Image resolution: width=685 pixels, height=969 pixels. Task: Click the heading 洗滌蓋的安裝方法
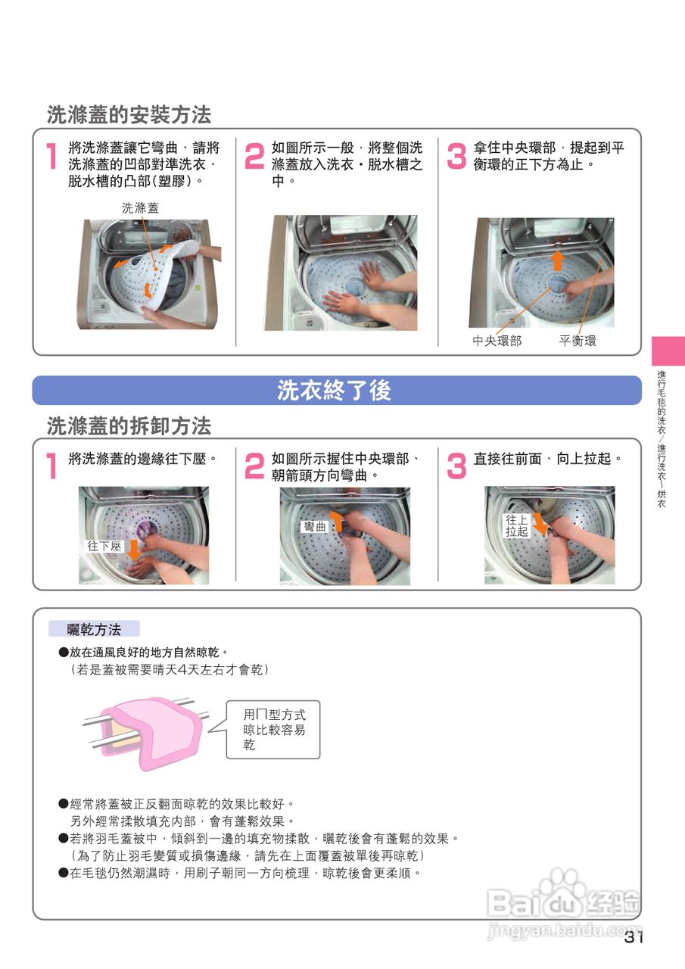click(x=129, y=114)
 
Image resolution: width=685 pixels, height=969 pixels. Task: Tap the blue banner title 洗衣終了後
click(x=335, y=390)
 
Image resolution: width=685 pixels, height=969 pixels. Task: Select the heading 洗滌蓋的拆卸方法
click(x=129, y=425)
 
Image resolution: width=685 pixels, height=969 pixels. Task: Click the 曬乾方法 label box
click(x=94, y=629)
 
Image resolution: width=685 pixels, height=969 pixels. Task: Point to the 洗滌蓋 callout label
click(x=140, y=208)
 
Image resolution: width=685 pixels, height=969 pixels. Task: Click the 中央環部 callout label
click(x=497, y=341)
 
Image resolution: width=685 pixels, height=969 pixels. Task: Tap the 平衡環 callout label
click(x=578, y=341)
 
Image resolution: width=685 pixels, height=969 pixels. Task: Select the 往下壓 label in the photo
click(x=104, y=547)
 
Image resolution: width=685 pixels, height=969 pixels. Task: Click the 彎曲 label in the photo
click(x=314, y=526)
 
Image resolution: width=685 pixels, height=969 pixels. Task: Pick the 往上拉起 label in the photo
click(x=517, y=525)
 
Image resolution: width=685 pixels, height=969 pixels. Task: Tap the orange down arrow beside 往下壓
click(x=134, y=550)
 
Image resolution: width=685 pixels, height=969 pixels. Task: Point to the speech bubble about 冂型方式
click(x=273, y=729)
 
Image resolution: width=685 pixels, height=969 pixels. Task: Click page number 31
click(x=634, y=949)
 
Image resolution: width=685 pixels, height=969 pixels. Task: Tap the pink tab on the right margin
click(x=668, y=351)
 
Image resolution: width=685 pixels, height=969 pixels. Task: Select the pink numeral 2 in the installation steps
click(x=254, y=156)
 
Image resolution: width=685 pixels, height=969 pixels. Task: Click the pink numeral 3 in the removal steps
click(x=456, y=466)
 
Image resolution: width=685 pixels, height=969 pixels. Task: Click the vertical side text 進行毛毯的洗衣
click(x=662, y=402)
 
